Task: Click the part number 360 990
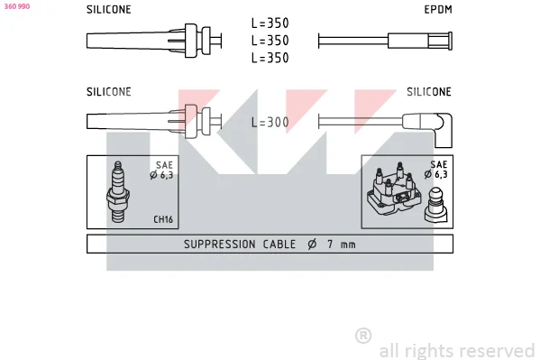[17, 6]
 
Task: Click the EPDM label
[438, 9]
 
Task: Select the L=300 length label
[270, 122]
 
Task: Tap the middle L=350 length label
[270, 41]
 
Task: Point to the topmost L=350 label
[270, 23]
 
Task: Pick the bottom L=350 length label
[270, 58]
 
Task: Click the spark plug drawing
[118, 191]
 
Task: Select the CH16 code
[163, 219]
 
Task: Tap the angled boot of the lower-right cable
[443, 130]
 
